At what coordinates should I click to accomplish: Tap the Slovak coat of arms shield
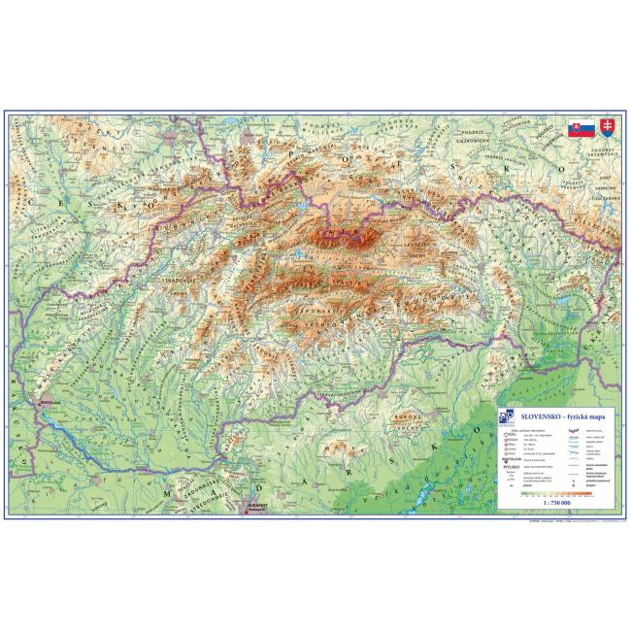[607, 128]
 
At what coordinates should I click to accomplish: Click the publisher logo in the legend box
[504, 416]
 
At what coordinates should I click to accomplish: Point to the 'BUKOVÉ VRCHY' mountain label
[406, 420]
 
